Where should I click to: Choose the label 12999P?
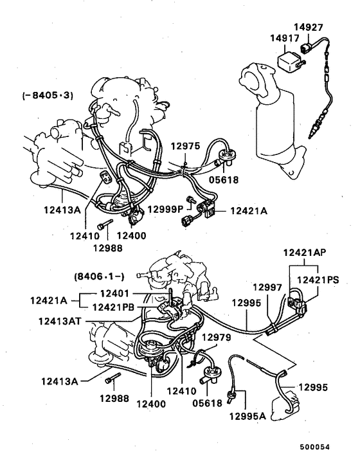(x=165, y=210)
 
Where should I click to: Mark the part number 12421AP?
(x=306, y=253)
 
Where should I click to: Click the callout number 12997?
(x=266, y=287)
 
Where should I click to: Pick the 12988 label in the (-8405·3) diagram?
(x=107, y=248)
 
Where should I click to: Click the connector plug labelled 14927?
(x=311, y=48)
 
